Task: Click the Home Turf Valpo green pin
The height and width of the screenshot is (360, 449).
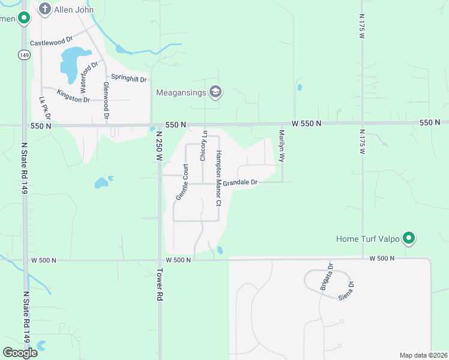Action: point(409,238)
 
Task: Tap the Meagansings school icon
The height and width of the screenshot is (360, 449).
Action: point(215,92)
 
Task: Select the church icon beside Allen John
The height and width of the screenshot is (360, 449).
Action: point(44,8)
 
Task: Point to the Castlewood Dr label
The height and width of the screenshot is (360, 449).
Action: point(51,43)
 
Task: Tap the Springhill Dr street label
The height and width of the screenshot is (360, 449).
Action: point(129,79)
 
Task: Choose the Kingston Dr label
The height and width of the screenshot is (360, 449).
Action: point(73,95)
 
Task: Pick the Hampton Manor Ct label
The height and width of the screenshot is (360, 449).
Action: point(219,178)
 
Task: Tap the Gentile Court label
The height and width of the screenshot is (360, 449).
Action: point(181,182)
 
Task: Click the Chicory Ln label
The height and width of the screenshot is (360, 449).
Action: point(203,146)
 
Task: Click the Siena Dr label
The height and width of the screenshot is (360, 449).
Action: point(347,290)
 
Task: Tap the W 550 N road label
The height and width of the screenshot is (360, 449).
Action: point(307,123)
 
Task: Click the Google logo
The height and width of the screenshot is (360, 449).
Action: point(20,353)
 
